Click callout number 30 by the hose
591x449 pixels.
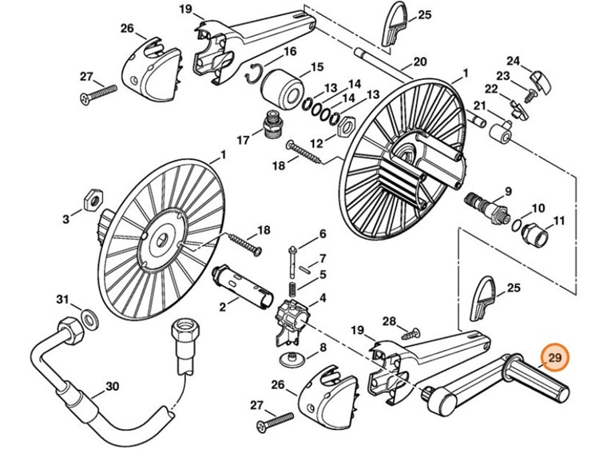(x=112, y=387)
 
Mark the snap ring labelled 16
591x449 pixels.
(x=254, y=71)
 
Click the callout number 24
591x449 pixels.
(x=514, y=61)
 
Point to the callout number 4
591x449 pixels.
(x=323, y=299)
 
